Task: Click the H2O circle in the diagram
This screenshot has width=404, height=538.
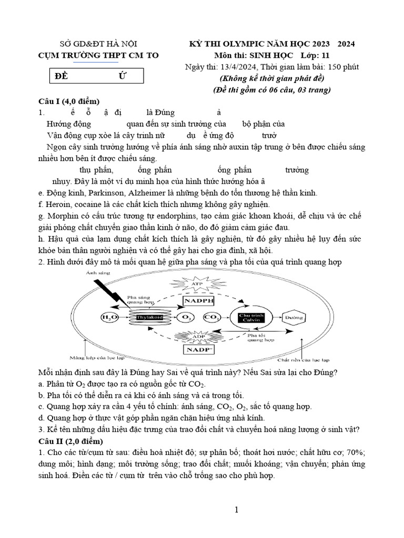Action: coord(109,317)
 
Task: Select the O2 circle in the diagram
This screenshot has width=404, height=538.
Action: coord(186,318)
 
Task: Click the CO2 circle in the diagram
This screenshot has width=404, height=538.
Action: coord(211,318)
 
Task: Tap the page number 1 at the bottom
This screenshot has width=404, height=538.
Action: coord(237,510)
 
